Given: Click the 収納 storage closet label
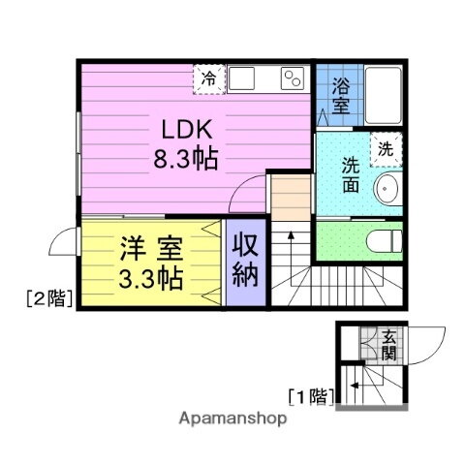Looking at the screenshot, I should coord(244,259).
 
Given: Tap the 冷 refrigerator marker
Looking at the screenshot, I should coord(208,78).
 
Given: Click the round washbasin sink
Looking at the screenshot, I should coord(389,189).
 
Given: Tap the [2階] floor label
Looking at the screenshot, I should coord(48,299).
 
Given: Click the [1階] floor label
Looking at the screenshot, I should coord(311,395).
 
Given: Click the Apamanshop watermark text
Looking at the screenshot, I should coord(232,418).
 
